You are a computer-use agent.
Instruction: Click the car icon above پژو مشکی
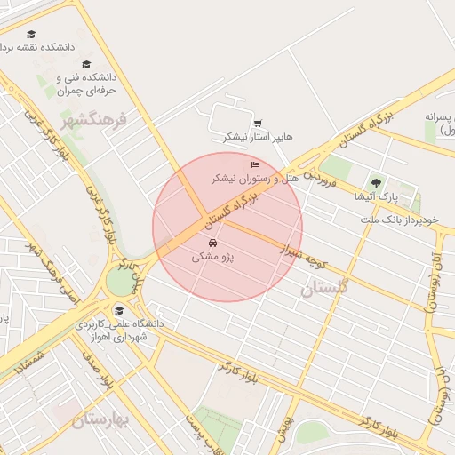212,243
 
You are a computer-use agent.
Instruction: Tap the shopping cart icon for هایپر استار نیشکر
257,124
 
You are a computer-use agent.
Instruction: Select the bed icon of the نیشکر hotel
256,165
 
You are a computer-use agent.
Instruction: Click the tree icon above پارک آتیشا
376,184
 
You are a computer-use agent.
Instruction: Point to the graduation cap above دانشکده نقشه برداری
31,34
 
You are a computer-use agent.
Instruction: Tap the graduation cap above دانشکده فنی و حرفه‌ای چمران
86,64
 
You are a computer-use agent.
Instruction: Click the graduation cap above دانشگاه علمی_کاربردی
119,311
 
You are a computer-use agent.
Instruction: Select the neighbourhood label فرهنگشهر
95,117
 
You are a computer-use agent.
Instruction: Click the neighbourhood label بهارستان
98,419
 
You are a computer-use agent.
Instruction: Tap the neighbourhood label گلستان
325,287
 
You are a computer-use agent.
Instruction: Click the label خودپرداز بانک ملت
406,218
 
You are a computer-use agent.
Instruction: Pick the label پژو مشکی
212,257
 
